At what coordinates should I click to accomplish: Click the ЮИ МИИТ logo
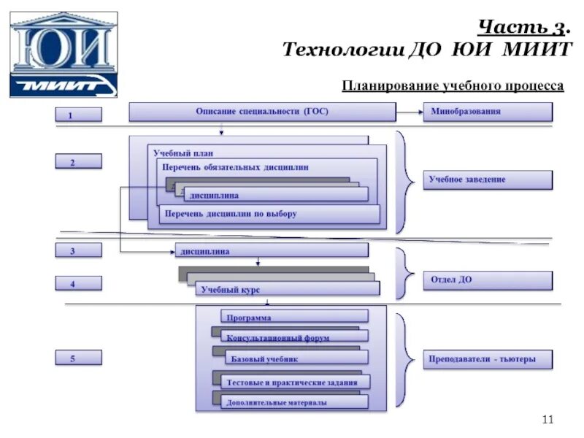tap(64, 55)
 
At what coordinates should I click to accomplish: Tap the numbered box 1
tap(79, 115)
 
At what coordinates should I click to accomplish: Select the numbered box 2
tap(79, 162)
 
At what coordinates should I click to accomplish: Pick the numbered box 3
tap(79, 250)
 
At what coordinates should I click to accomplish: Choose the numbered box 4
tap(79, 283)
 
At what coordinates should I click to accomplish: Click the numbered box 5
tap(79, 358)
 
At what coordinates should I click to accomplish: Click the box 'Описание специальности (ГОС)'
tap(262, 112)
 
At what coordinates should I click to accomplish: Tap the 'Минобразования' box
tap(488, 112)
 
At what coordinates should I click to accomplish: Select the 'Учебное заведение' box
tap(488, 180)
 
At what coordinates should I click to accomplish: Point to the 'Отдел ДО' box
tap(488, 280)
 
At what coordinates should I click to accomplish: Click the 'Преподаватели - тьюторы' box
tap(488, 359)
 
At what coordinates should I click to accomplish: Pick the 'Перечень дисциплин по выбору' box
tap(270, 214)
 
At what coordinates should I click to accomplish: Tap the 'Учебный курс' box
tap(288, 289)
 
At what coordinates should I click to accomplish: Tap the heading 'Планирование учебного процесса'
tap(453, 86)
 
